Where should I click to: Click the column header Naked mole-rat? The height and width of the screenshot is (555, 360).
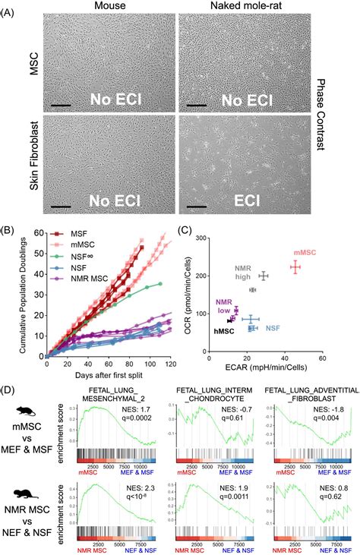pos(244,6)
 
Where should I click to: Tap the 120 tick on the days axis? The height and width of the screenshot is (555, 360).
pos(165,364)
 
